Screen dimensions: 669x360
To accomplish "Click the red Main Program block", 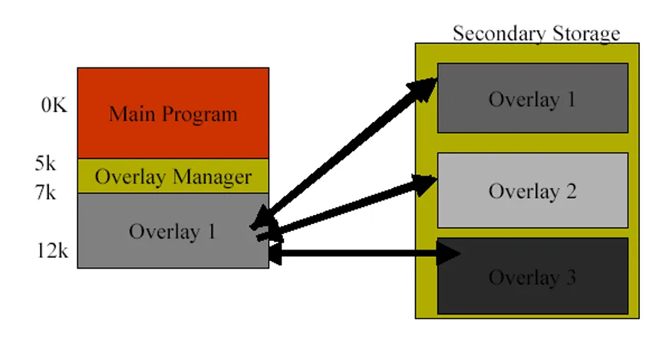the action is point(173,113).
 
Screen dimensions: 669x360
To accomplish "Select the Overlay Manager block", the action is point(173,176).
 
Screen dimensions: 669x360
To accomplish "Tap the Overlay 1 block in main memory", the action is point(173,230).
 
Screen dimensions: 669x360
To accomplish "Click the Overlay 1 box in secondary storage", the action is point(532,98).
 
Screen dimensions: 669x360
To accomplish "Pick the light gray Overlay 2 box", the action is point(532,190).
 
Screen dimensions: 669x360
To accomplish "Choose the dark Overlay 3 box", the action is point(532,276).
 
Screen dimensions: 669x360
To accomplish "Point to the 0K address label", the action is point(54,105).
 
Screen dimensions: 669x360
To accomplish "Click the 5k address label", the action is point(45,163).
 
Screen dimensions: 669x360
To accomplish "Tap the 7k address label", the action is point(45,192).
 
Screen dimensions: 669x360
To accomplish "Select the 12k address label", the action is point(52,251).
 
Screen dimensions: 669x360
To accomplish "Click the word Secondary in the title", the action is point(499,34).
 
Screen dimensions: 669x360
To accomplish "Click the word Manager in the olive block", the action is point(213,177).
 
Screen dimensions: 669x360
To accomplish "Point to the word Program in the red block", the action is point(199,114).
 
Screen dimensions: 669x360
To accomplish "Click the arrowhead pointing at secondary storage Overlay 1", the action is point(423,90).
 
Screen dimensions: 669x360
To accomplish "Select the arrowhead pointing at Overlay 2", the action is point(424,185).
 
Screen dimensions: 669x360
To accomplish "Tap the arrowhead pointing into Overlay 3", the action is point(448,253).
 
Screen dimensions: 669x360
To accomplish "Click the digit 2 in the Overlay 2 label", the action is point(572,191).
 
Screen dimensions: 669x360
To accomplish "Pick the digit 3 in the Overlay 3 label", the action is point(572,277).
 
